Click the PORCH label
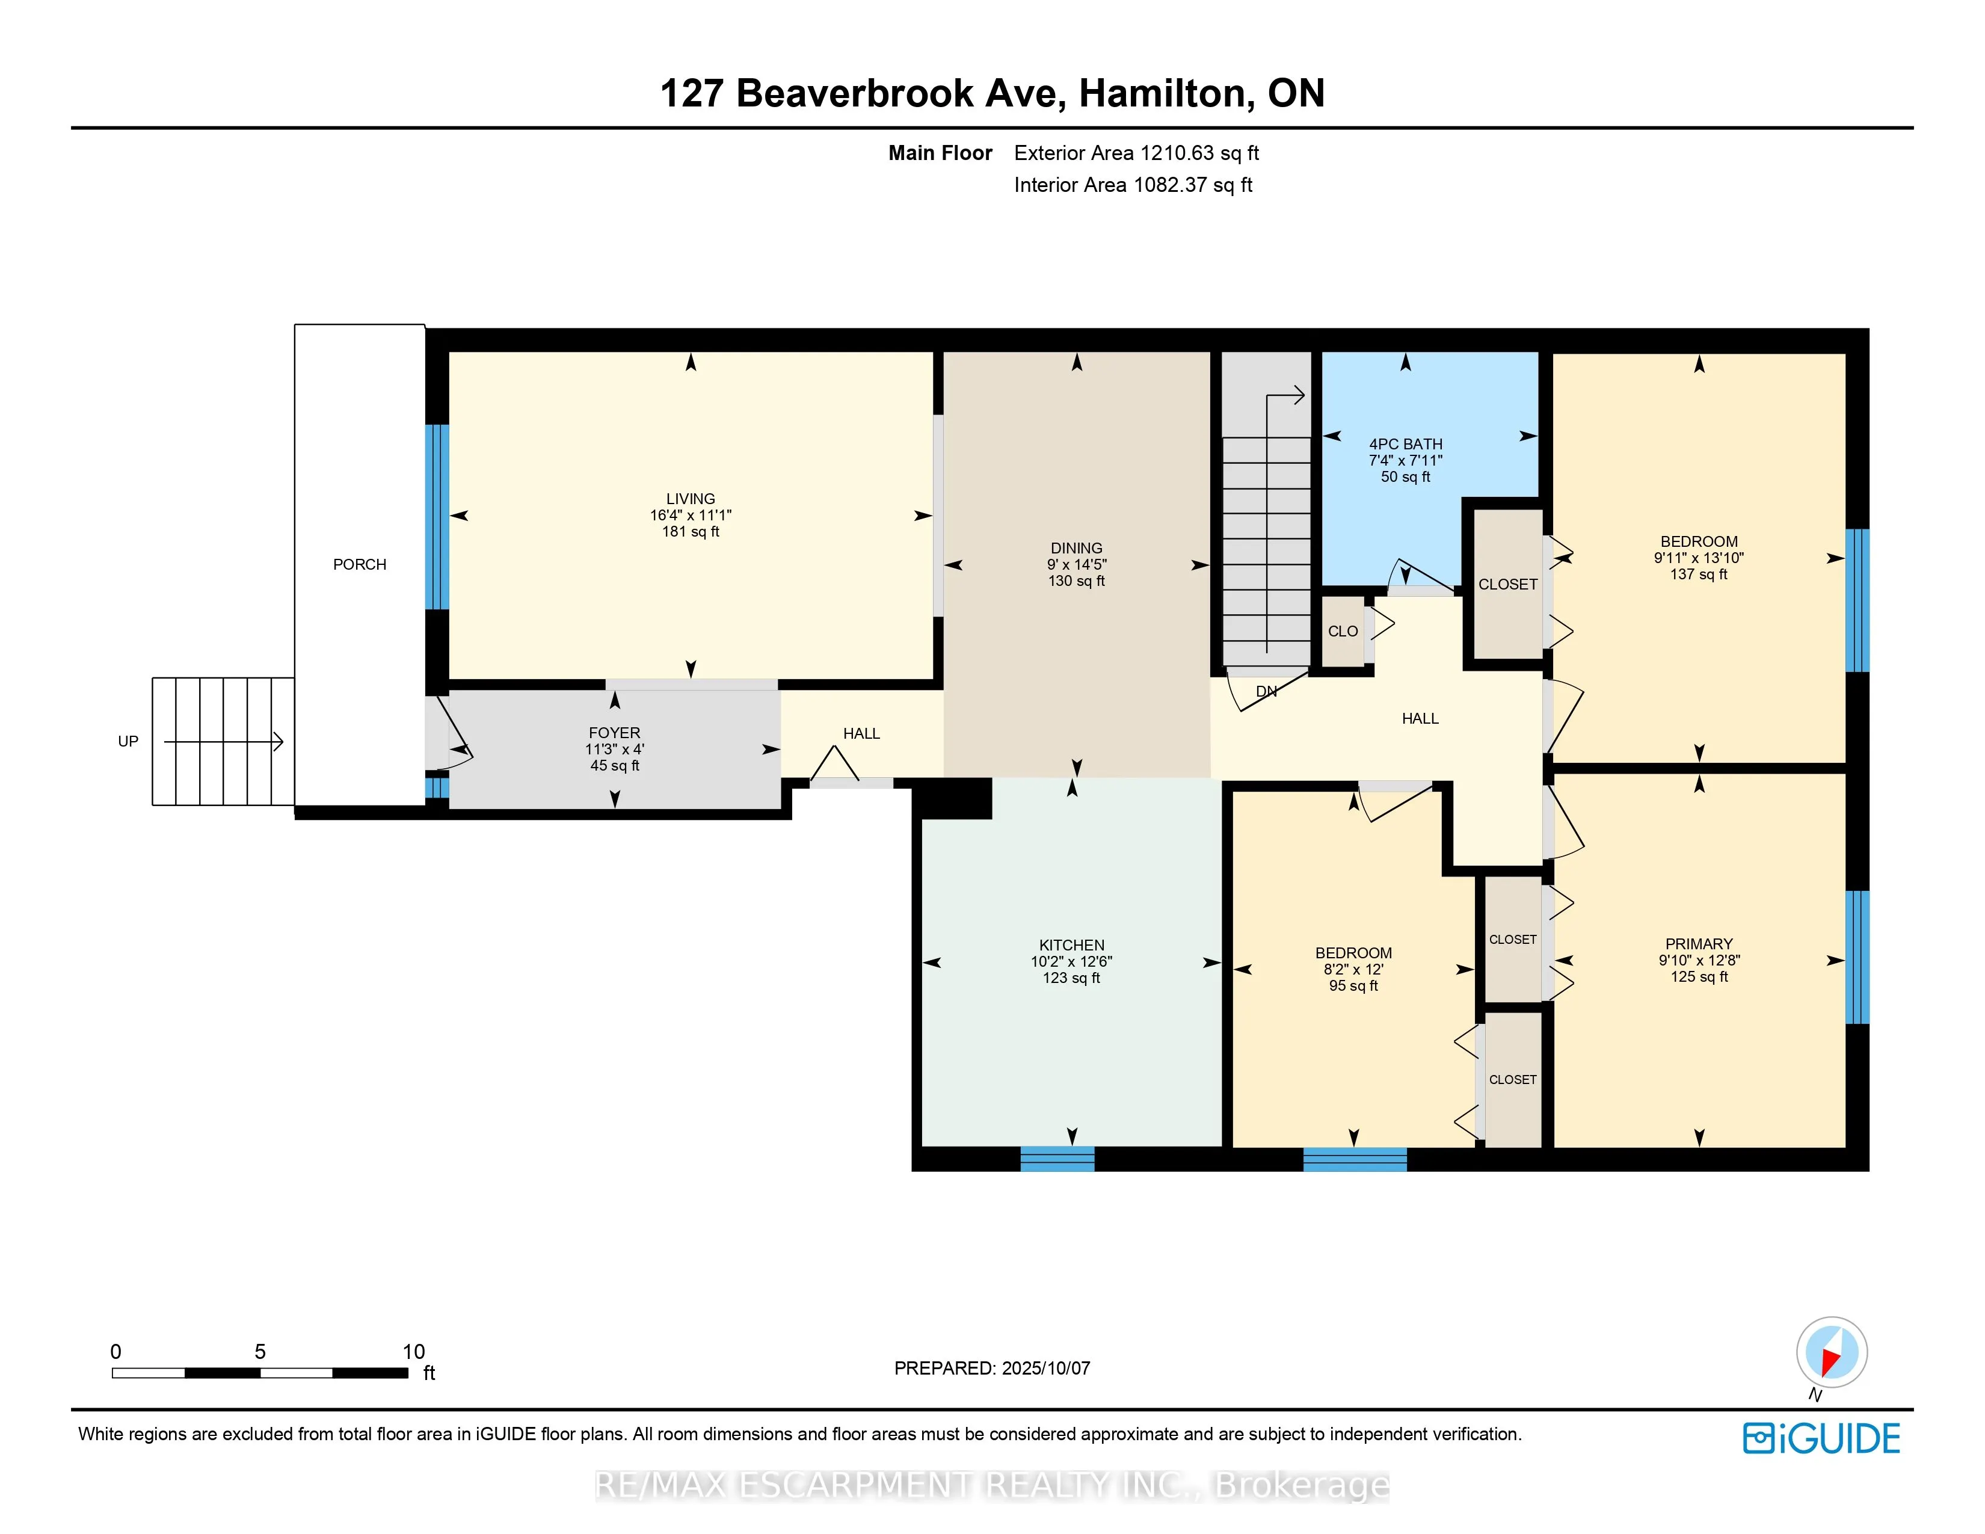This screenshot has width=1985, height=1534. [359, 564]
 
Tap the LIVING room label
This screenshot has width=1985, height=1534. [691, 499]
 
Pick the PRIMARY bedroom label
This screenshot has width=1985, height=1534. [1699, 944]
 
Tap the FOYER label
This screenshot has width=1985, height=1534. [614, 733]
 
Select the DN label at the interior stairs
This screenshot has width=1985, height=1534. [1266, 692]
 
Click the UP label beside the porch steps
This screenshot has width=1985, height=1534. [128, 742]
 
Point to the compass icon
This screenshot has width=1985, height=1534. [1832, 1352]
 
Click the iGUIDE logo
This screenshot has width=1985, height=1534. [1821, 1438]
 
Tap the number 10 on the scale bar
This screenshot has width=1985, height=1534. [414, 1351]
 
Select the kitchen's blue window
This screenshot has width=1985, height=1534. [1057, 1159]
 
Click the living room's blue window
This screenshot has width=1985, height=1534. [437, 516]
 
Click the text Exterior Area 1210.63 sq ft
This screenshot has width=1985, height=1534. [1136, 153]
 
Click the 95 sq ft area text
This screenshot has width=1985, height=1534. [1353, 985]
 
